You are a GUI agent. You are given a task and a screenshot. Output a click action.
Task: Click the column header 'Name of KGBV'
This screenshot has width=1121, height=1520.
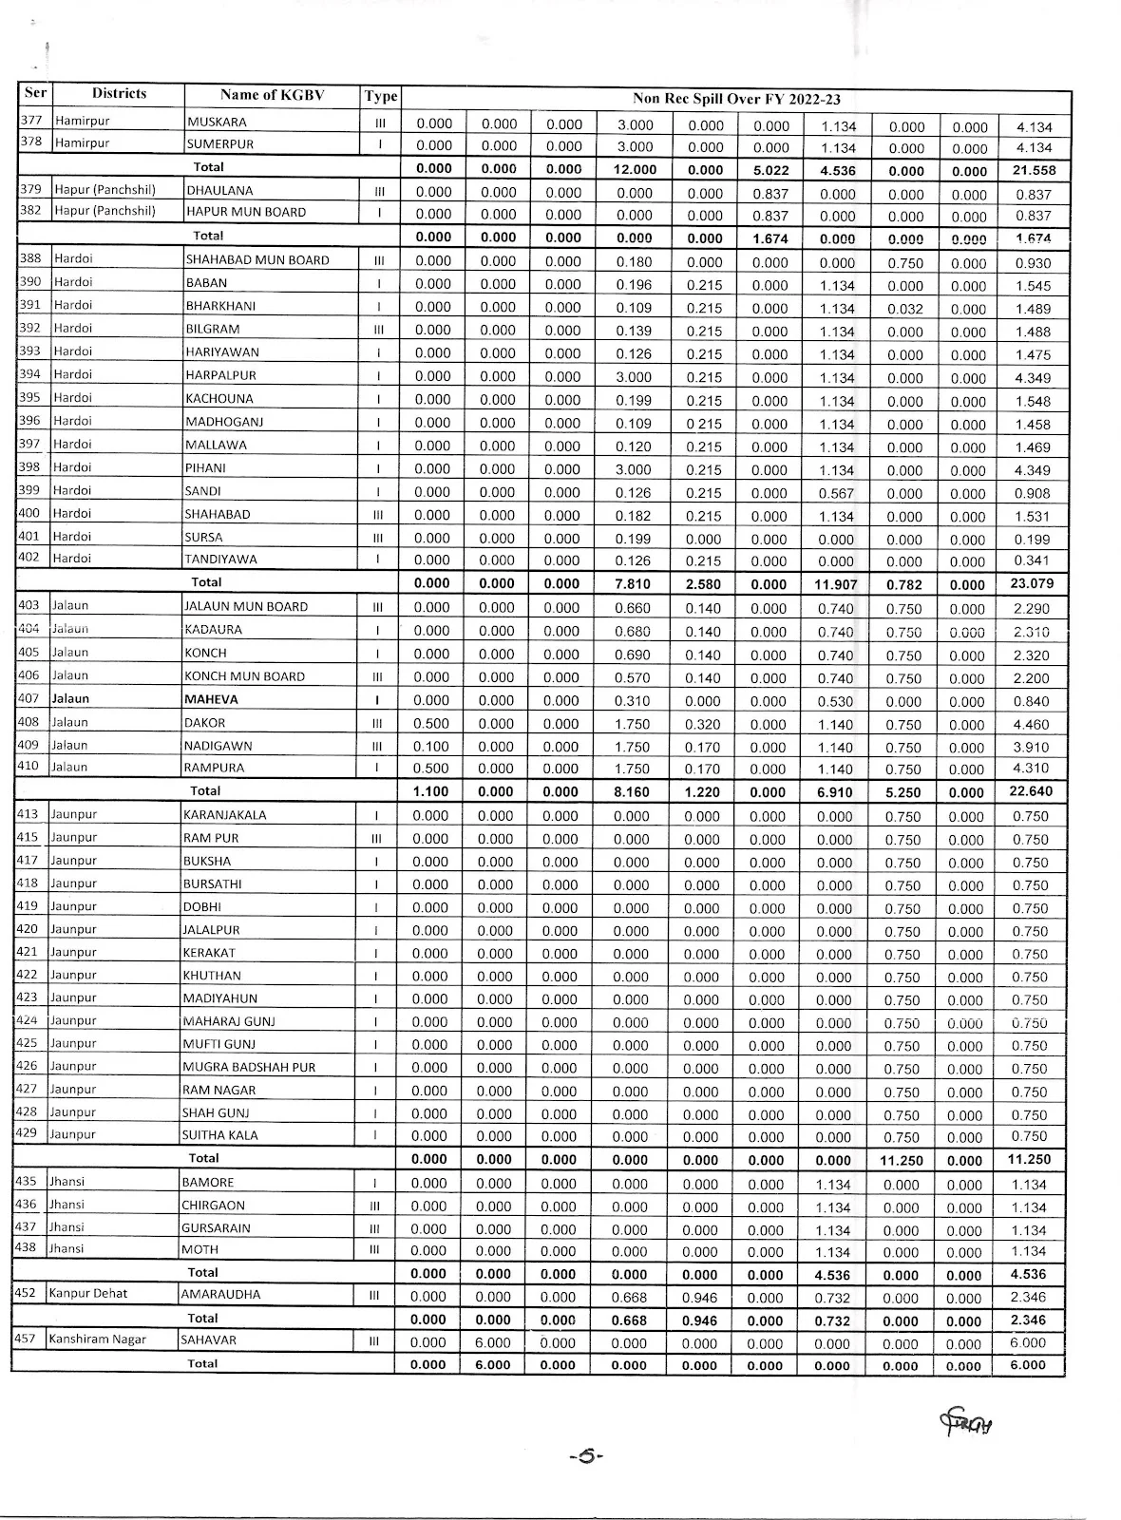pyautogui.click(x=272, y=95)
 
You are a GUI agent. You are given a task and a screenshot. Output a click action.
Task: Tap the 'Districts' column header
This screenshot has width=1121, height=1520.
pyautogui.click(x=119, y=93)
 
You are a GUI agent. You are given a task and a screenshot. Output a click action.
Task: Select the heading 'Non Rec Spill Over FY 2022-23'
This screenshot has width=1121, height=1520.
pyautogui.click(x=736, y=99)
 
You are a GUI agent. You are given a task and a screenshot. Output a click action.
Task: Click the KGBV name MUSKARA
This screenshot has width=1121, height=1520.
pyautogui.click(x=217, y=123)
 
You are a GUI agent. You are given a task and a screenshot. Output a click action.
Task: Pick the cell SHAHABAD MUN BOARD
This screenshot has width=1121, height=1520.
pyautogui.click(x=257, y=260)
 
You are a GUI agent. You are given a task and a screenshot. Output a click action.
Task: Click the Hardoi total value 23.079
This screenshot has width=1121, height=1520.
pyautogui.click(x=1032, y=583)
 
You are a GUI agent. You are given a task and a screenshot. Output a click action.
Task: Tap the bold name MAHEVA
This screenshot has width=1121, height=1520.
pyautogui.click(x=212, y=699)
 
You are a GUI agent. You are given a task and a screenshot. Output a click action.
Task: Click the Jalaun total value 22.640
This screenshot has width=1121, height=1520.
pyautogui.click(x=1032, y=791)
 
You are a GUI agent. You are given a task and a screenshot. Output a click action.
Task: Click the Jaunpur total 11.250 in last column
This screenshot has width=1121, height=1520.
pyautogui.click(x=1030, y=1159)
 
